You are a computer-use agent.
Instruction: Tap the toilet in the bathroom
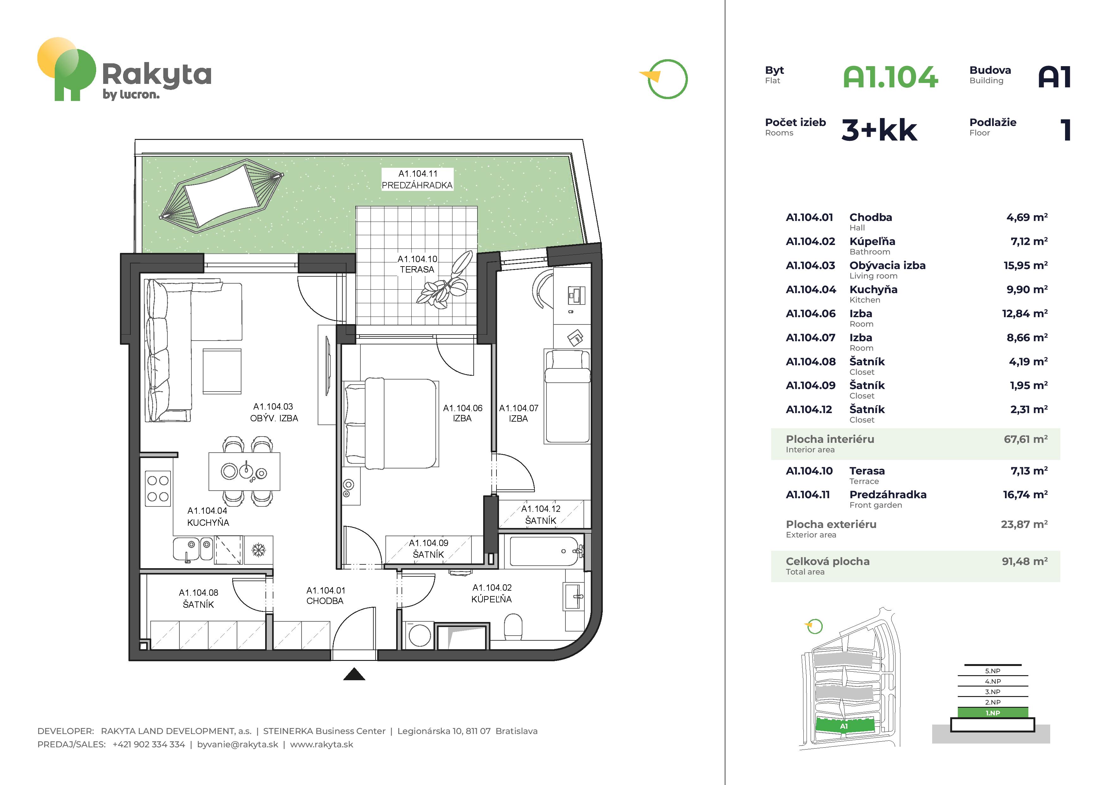click(x=513, y=627)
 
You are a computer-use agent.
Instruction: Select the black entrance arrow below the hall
click(x=354, y=674)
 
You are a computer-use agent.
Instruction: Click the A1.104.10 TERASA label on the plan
click(x=417, y=264)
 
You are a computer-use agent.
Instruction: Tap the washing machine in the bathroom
click(x=419, y=636)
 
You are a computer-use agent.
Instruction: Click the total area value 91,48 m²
click(x=1025, y=561)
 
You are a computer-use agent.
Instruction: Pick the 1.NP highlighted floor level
click(x=993, y=713)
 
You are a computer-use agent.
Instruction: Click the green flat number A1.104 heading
click(x=890, y=77)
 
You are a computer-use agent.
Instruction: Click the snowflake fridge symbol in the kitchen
click(x=259, y=550)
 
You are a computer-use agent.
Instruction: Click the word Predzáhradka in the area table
click(x=888, y=494)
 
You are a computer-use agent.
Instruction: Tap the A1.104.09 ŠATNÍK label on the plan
click(x=428, y=549)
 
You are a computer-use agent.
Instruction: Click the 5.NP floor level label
click(x=993, y=671)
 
